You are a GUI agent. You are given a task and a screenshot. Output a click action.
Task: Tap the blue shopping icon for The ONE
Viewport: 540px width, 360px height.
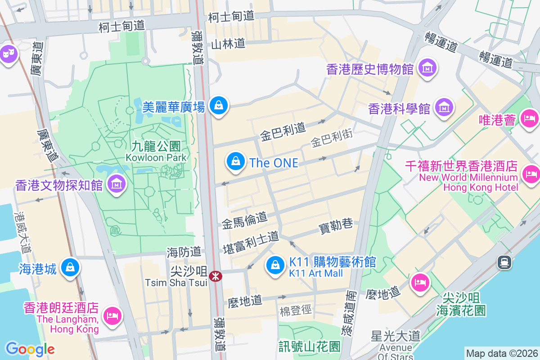pyautogui.click(x=235, y=161)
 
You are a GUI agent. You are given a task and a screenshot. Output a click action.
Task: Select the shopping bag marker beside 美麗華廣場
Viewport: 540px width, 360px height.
pyautogui.click(x=219, y=105)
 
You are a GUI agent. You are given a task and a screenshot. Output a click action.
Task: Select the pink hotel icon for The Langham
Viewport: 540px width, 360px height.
pyautogui.click(x=112, y=315)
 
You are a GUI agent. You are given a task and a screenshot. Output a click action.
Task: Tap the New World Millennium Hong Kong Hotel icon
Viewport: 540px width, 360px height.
pyautogui.click(x=531, y=174)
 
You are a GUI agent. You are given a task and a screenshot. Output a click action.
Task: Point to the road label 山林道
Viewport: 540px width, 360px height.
pyautogui.click(x=229, y=44)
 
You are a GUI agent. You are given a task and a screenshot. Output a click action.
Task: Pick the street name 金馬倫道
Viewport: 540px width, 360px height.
pyautogui.click(x=245, y=220)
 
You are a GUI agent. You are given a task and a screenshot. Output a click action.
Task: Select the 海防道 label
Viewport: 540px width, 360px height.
pyautogui.click(x=184, y=252)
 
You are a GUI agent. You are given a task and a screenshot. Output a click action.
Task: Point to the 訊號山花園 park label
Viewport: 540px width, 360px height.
pyautogui.click(x=309, y=346)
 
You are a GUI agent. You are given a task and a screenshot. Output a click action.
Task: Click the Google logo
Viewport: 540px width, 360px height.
pyautogui.click(x=30, y=349)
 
